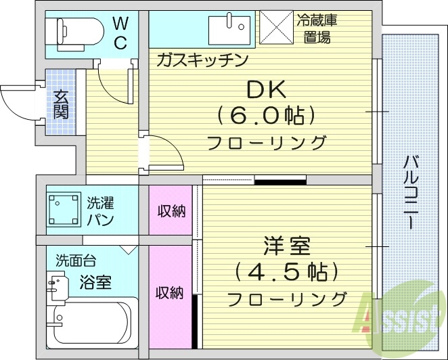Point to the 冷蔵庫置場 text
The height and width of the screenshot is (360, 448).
coord(315,28)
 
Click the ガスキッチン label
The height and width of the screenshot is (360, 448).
coord(202,60)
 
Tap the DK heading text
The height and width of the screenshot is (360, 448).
coord(265,90)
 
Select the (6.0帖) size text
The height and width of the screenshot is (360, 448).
coord(266,116)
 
